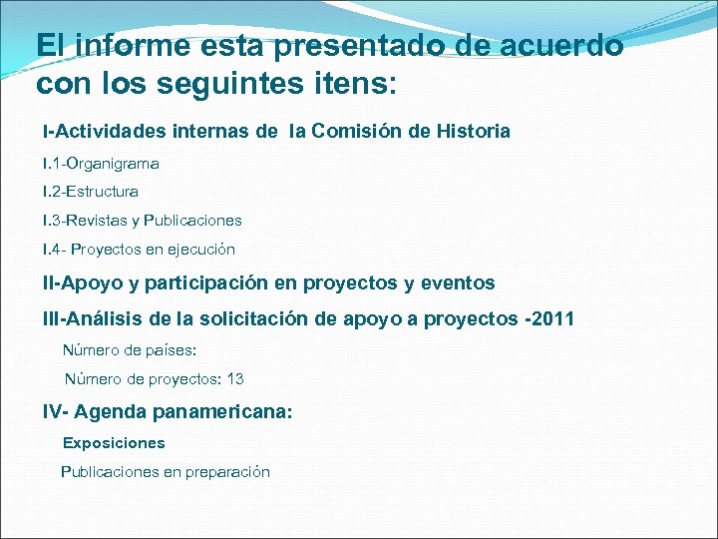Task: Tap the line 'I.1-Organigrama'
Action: pyautogui.click(x=101, y=163)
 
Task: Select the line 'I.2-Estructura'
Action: pyautogui.click(x=91, y=191)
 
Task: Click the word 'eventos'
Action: pyautogui.click(x=458, y=283)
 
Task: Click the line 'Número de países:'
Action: pyautogui.click(x=130, y=350)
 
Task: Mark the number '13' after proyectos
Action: pyautogui.click(x=235, y=379)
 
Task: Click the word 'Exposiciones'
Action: pyautogui.click(x=114, y=442)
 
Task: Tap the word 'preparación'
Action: pyautogui.click(x=227, y=472)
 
